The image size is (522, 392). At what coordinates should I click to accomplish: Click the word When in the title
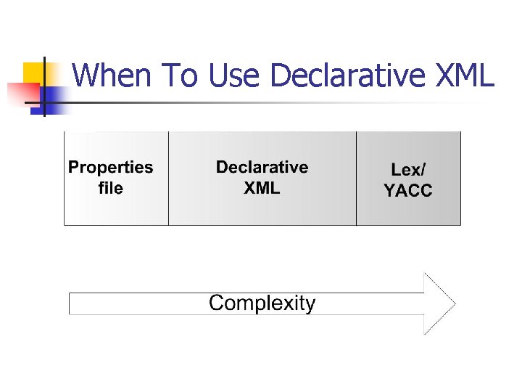click(x=112, y=75)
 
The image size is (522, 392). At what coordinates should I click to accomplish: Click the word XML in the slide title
click(x=463, y=75)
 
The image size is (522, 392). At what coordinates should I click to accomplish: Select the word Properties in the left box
click(x=110, y=168)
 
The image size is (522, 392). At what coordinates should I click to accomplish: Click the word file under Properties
click(x=110, y=189)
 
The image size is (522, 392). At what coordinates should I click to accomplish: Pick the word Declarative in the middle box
click(x=262, y=168)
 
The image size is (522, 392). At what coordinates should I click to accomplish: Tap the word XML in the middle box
click(x=262, y=189)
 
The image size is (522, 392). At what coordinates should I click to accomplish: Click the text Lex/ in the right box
click(x=408, y=170)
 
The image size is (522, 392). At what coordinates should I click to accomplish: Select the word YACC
click(x=408, y=191)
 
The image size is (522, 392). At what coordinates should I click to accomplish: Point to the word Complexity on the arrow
click(x=262, y=303)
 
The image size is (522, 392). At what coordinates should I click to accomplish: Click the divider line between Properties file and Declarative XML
click(x=168, y=179)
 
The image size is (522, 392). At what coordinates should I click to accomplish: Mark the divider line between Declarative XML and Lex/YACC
click(x=356, y=179)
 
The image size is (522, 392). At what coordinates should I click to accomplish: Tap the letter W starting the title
click(x=86, y=75)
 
